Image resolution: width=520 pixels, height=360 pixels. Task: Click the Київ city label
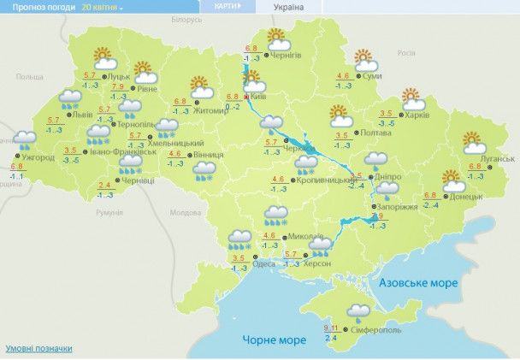pos(259,97)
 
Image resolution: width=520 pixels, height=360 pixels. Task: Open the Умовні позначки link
pos(38,348)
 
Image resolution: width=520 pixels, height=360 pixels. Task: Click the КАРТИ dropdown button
pos(226,6)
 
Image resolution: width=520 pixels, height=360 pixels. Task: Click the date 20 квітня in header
pos(102,6)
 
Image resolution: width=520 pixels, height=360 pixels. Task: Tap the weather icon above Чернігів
pos(276,38)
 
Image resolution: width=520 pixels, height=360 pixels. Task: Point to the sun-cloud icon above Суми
pos(366,61)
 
